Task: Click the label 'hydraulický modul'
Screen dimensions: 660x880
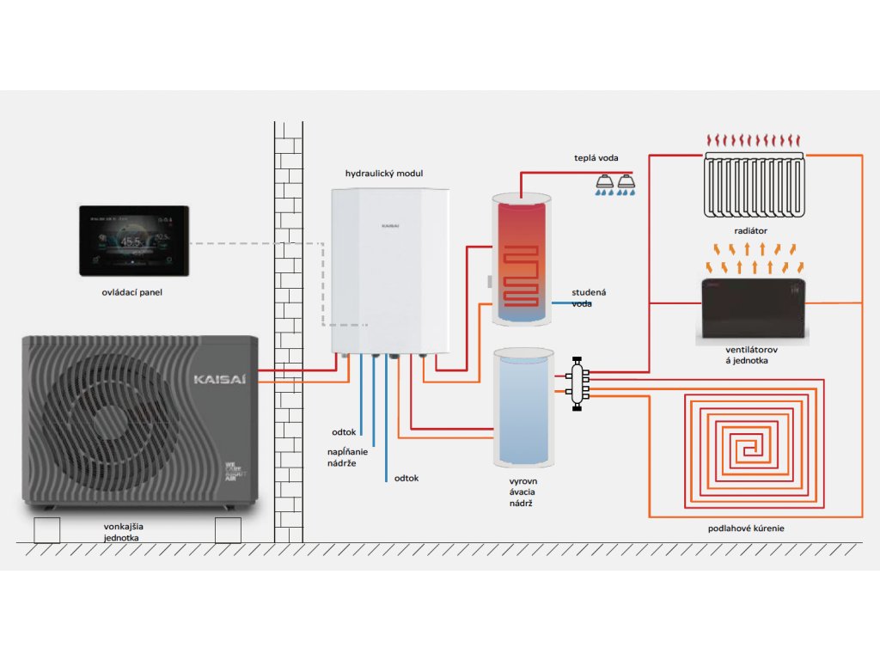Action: click(384, 174)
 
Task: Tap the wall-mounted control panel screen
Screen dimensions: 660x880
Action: click(133, 240)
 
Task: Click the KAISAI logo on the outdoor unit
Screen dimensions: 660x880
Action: click(221, 377)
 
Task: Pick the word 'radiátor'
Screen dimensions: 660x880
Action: click(752, 231)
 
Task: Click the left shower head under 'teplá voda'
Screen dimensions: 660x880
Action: click(604, 181)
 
